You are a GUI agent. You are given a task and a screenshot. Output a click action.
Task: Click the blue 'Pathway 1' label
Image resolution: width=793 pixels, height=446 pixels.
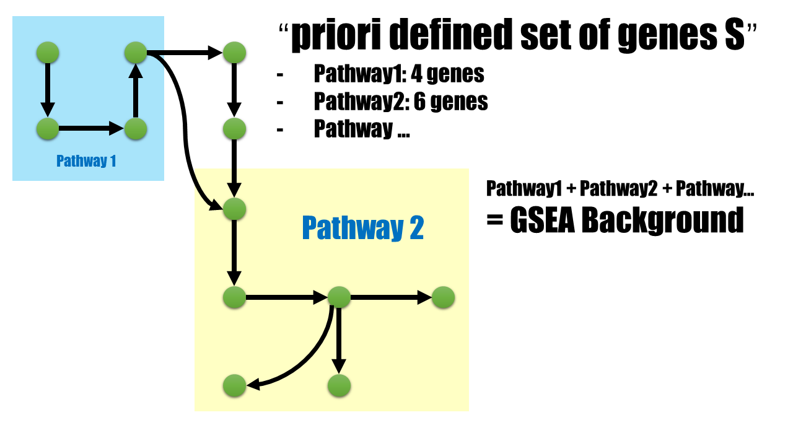[86, 161]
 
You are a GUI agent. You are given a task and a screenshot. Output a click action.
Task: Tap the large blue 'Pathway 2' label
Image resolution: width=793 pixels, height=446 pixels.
[362, 227]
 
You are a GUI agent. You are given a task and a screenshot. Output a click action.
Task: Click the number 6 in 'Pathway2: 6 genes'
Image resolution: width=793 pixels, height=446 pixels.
[419, 102]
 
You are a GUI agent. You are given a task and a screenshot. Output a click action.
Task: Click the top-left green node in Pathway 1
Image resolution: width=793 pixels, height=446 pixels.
[48, 53]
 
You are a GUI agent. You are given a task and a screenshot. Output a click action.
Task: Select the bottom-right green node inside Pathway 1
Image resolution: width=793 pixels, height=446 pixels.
[136, 129]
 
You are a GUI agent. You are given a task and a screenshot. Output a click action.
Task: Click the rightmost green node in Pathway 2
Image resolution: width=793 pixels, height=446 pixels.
[443, 297]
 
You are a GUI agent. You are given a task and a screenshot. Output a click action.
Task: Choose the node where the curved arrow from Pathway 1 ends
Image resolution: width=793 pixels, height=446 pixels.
[235, 209]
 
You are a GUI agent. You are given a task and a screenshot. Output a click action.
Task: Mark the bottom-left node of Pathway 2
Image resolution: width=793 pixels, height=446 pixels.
[235, 385]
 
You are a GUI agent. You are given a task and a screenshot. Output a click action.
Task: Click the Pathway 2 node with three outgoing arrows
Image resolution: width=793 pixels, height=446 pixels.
[339, 297]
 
